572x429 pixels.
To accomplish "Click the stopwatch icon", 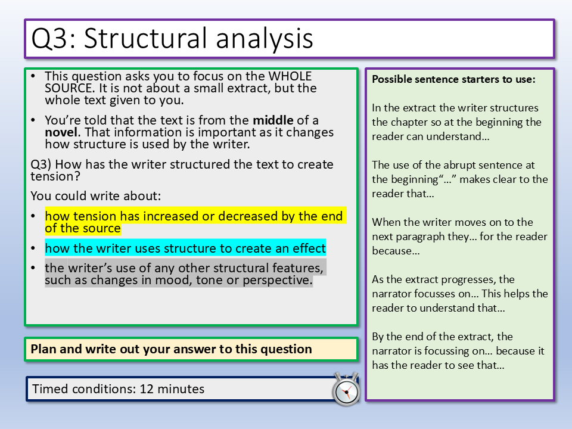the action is pos(346,389).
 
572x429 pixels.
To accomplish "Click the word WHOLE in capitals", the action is pos(290,76).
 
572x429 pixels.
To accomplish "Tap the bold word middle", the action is pos(273,120).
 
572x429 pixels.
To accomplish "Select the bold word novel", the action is pos(61,132).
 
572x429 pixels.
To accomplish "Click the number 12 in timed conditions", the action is pos(147,389).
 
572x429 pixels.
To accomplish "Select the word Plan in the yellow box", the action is pos(43,349).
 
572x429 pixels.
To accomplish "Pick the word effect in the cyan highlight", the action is pos(309,248).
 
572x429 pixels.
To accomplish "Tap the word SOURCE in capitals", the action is pos(70,88).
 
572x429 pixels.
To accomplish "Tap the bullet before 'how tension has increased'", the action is pos(33,216).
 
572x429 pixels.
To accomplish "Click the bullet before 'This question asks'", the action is pos(33,76).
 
